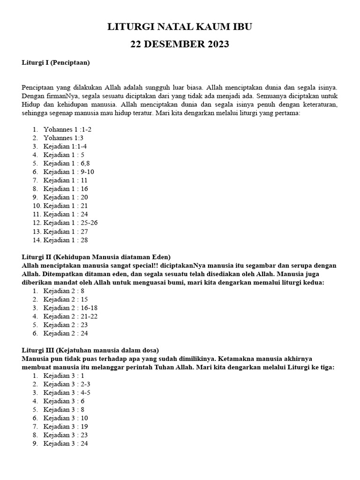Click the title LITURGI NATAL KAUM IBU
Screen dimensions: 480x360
point(180,27)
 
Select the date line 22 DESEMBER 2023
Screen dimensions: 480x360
point(180,45)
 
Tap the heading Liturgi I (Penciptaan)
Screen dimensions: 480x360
point(56,62)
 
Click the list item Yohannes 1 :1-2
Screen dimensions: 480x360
point(65,129)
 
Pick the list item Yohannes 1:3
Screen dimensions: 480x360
point(63,138)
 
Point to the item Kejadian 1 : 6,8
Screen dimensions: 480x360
point(66,163)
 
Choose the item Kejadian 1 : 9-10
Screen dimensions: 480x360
point(68,172)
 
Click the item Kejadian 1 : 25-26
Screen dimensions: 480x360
point(70,223)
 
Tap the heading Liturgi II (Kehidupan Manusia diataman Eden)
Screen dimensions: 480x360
point(96,257)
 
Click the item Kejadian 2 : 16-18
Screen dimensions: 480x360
point(70,307)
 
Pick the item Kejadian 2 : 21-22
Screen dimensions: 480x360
point(70,316)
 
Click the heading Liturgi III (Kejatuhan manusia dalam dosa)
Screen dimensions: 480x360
point(90,350)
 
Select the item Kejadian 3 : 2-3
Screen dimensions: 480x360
point(67,384)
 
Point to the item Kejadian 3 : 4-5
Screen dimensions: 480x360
point(67,392)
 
